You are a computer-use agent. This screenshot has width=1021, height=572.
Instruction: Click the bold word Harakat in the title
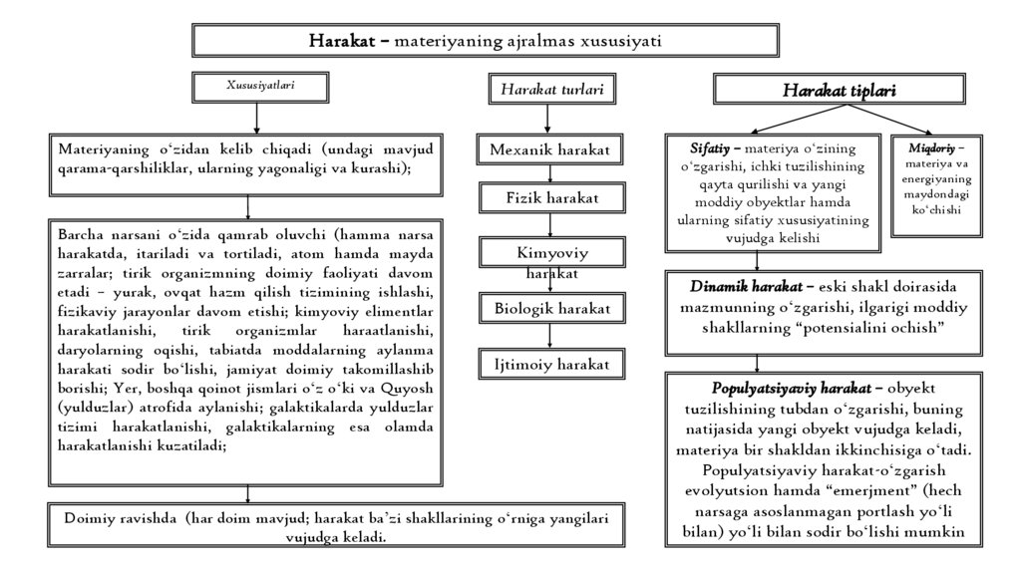tap(342, 42)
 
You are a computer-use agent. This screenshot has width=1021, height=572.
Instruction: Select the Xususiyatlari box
tap(259, 87)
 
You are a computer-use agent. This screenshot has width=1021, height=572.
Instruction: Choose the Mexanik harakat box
tap(549, 149)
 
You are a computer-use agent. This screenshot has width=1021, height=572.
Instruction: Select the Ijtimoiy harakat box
tap(552, 364)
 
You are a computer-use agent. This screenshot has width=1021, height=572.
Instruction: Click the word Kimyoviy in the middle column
tap(552, 253)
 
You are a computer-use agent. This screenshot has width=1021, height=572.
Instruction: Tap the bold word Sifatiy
tap(711, 147)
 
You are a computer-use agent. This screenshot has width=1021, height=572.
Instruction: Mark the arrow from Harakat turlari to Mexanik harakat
tap(546, 119)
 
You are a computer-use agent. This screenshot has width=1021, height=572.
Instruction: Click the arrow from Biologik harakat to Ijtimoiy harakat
tap(550, 336)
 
